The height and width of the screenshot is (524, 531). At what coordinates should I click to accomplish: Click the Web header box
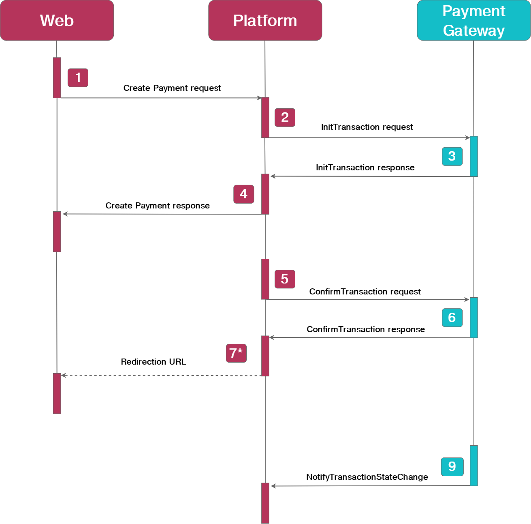click(57, 20)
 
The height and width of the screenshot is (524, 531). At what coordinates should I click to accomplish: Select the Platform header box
click(265, 20)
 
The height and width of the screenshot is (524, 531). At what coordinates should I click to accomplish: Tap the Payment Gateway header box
click(473, 20)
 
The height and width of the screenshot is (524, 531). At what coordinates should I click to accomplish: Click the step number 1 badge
click(78, 77)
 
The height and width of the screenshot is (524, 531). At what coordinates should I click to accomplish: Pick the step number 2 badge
click(285, 117)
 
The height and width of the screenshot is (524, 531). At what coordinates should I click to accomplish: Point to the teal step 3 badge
click(452, 156)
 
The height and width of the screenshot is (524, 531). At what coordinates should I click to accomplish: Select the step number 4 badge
click(243, 194)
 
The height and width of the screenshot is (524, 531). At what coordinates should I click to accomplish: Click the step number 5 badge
click(285, 279)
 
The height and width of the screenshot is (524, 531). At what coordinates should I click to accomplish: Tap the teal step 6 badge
click(452, 318)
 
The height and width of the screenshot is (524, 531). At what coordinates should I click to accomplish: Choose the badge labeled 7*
click(236, 353)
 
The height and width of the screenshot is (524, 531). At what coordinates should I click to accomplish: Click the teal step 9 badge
click(452, 466)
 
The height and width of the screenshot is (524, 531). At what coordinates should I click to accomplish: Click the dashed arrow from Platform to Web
click(162, 376)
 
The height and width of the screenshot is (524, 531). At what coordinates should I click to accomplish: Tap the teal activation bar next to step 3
click(473, 156)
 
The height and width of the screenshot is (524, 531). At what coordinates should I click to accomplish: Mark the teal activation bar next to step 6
click(473, 318)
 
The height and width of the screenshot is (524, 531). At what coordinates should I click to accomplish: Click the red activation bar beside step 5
click(265, 279)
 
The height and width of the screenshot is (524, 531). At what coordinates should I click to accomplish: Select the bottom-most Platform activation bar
click(265, 503)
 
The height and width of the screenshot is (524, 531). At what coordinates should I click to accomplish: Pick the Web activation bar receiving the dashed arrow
click(57, 393)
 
